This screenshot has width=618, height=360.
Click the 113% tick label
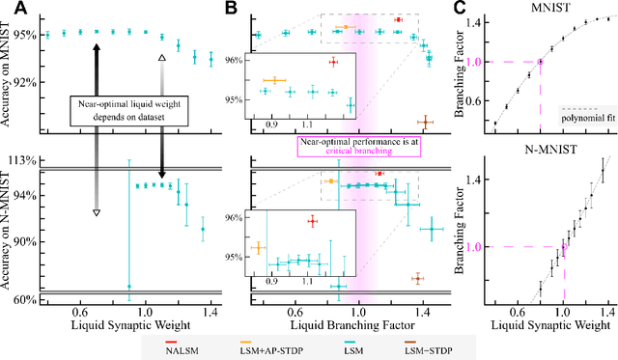pyautogui.click(x=21, y=160)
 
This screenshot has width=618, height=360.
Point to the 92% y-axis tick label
pyautogui.click(x=24, y=82)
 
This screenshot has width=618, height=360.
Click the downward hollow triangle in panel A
pyautogui.click(x=96, y=211)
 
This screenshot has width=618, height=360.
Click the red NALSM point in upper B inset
pyautogui.click(x=333, y=62)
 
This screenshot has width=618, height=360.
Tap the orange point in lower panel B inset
pyautogui.click(x=258, y=247)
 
